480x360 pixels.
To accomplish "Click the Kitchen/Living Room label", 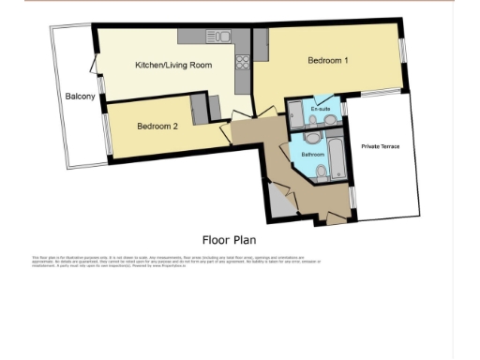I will coord(173,66).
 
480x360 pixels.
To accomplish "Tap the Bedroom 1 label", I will coord(328,61).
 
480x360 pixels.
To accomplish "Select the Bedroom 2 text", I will coord(157,126).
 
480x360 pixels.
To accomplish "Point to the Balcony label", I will coord(80,97).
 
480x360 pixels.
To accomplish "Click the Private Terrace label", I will coord(380,146).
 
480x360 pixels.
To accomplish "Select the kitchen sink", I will coord(219,37).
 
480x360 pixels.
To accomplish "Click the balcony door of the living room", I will coord(95,66).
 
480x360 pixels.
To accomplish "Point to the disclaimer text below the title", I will coord(178,262).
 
